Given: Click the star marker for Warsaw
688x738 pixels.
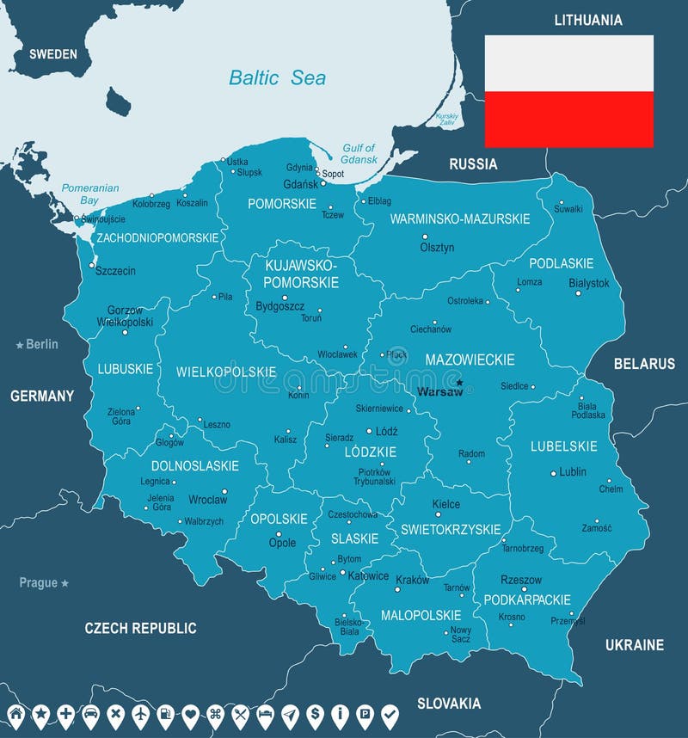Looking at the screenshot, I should pos(459,383).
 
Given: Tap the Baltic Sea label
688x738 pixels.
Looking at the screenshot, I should pos(277,77).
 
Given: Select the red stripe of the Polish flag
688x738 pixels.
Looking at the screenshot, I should pos(568,119).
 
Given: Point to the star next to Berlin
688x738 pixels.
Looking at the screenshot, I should pos(20,345).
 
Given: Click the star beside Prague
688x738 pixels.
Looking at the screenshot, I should pos(64,583).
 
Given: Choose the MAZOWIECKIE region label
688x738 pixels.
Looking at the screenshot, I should pos(470,360).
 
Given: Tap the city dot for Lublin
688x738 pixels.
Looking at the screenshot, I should pos(553,473).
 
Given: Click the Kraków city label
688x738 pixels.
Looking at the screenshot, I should pos(412,581).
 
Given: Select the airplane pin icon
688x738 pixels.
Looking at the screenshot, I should pos(140,714).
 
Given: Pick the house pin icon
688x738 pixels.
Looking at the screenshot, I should pos(15,714).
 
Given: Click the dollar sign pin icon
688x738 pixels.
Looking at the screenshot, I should pos(315,714).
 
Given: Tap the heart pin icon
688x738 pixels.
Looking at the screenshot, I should pos(190,714).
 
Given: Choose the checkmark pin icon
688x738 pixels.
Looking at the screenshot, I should pos(390,714).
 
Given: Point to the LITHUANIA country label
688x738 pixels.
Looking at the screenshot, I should pos(588,20).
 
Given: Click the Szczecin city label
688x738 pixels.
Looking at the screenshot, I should pos(115,271).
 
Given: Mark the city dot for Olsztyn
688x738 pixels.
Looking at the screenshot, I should pos(424,237).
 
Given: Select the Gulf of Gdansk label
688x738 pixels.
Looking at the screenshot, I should pos(359,154).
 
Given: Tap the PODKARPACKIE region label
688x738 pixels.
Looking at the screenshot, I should pos(527,600).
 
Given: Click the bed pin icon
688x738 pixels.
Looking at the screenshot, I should pos(265,714).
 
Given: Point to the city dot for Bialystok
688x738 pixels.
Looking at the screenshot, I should pos(578,293).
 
